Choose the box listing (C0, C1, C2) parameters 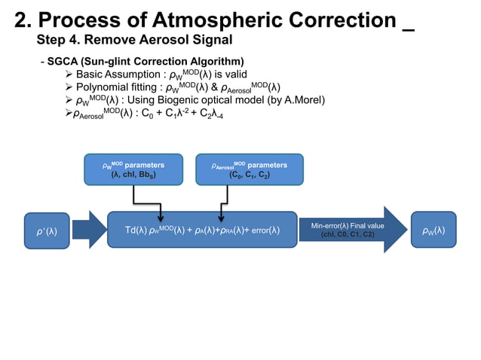pos(249,169)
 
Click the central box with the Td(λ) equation pos(202,230)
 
